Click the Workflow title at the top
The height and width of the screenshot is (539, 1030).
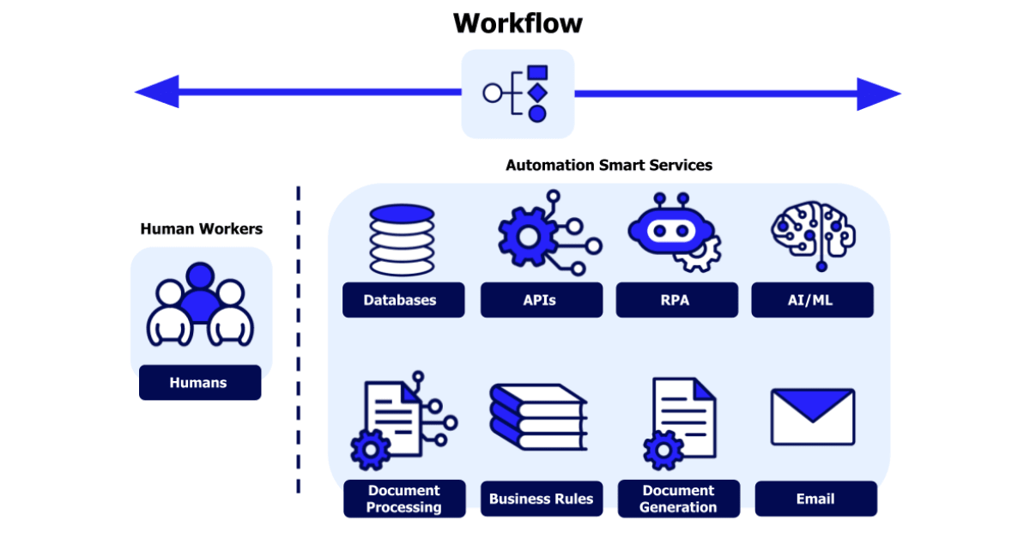(x=518, y=23)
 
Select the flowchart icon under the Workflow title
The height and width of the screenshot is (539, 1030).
(x=518, y=94)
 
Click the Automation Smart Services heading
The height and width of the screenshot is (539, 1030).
(x=609, y=165)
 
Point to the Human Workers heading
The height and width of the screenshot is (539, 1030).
(x=201, y=229)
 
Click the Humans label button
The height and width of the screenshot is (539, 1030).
(x=199, y=383)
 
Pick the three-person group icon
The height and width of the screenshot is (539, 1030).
(x=200, y=305)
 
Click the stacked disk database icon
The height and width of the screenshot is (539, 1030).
(x=402, y=239)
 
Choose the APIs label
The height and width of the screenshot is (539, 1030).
(x=540, y=300)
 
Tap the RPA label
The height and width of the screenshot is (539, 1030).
(x=676, y=300)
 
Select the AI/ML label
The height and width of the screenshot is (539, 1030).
(x=812, y=300)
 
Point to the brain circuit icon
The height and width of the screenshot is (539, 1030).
(x=813, y=233)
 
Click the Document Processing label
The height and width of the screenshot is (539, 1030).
(x=404, y=499)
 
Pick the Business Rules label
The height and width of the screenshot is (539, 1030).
(x=541, y=499)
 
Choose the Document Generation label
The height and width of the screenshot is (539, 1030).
(x=678, y=499)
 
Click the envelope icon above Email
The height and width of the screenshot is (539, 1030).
(x=812, y=417)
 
